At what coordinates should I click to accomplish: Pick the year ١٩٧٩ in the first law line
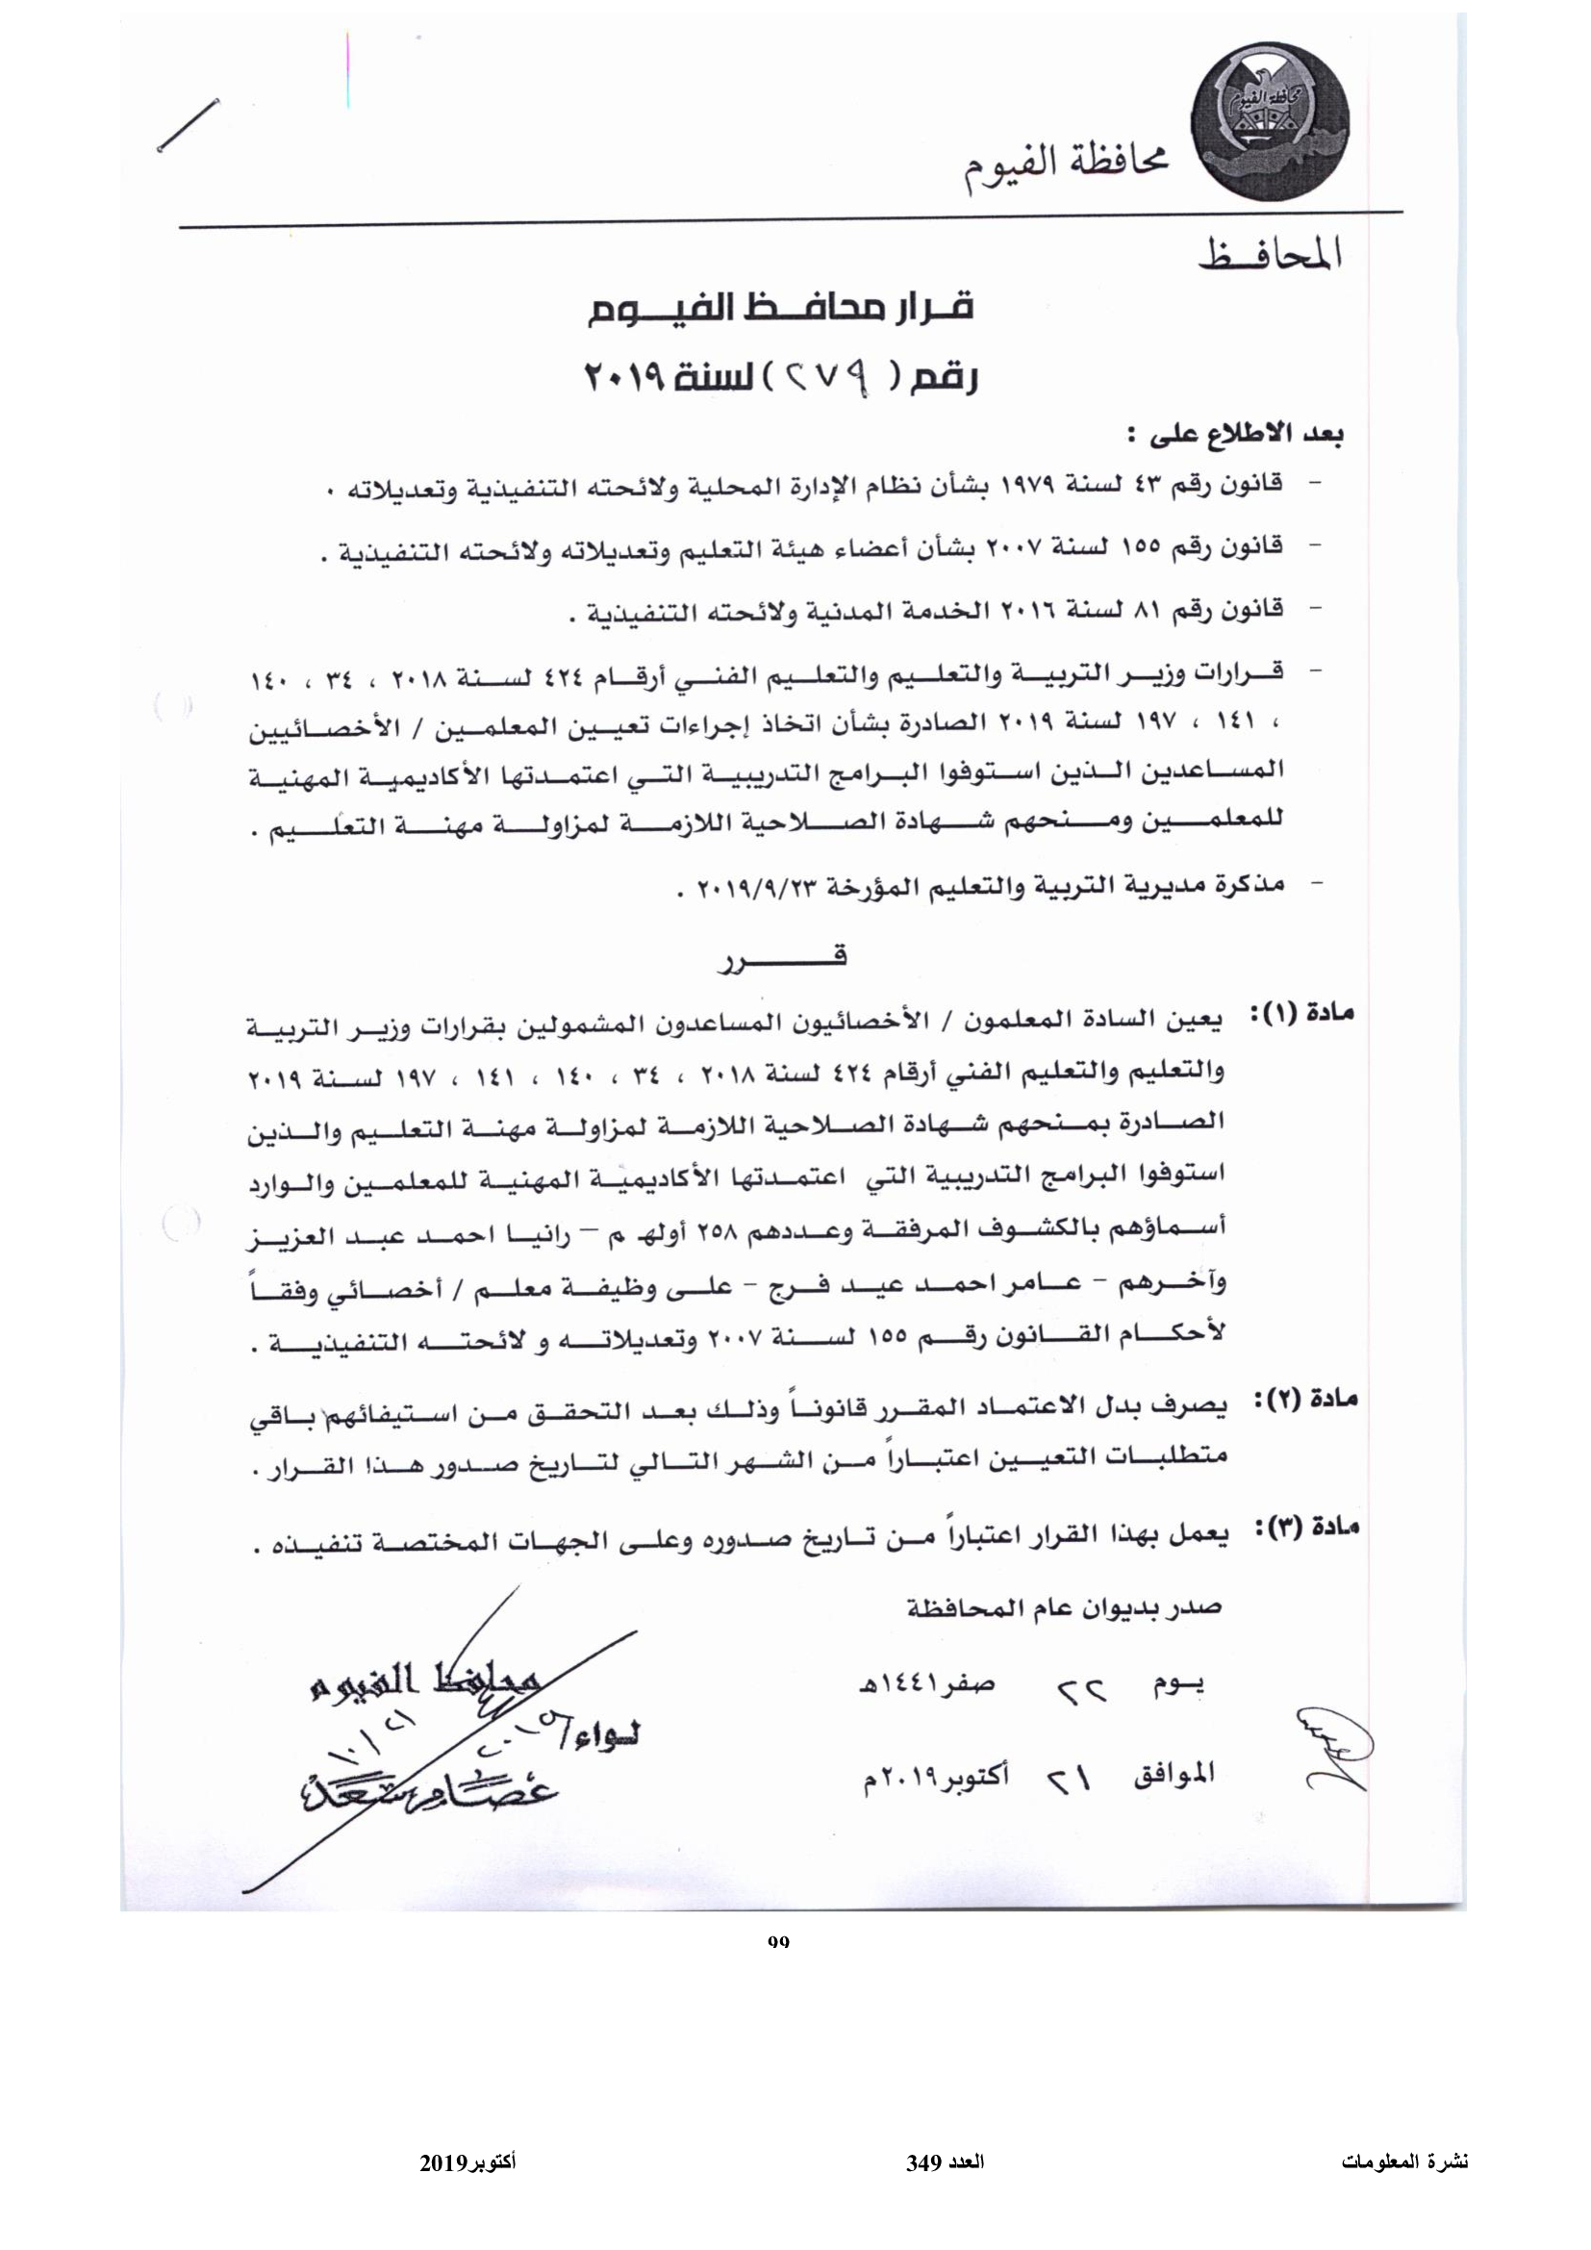[1023, 486]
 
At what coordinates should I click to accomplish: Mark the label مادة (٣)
[1305, 1529]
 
